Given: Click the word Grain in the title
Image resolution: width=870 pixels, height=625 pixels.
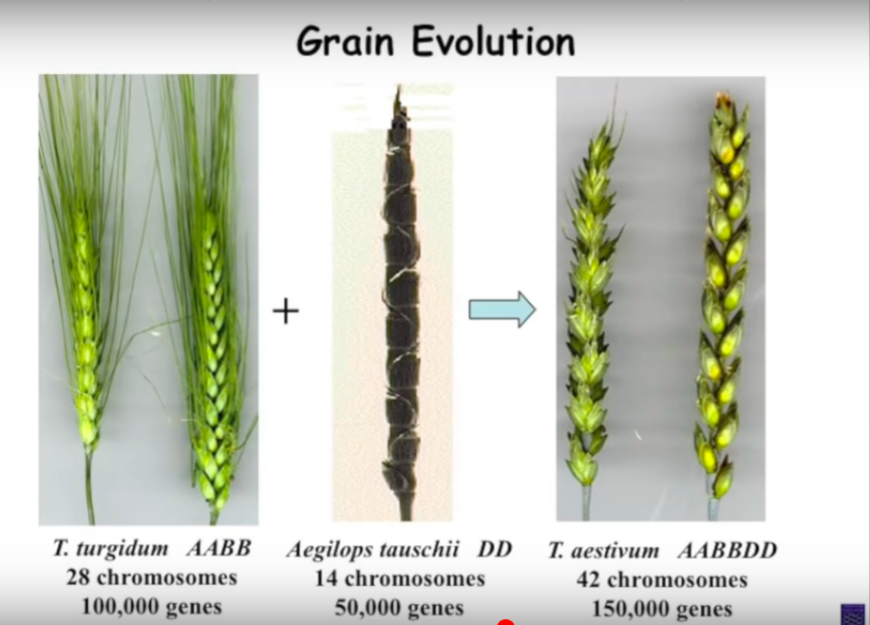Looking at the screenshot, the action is pos(345,42).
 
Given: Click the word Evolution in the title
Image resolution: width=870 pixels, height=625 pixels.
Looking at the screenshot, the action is pos(493,41).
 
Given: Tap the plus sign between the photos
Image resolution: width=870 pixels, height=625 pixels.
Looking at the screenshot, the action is pos(286,311).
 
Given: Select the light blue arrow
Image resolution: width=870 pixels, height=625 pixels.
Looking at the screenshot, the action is pos(502,309).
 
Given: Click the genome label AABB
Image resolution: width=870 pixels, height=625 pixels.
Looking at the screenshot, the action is pos(218,548).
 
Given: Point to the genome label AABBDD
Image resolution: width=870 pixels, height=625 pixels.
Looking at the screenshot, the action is pos(727,551).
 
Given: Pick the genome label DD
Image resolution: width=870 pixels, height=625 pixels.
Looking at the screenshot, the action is pos(495,550).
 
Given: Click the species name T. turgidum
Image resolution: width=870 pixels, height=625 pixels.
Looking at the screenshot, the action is pos(110,549).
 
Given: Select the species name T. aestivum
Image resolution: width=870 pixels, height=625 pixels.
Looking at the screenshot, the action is pos(604,551).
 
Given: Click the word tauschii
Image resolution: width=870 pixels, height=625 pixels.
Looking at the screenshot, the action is pos(417,550).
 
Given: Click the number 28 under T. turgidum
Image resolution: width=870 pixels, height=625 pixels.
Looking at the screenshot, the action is pos(78,578).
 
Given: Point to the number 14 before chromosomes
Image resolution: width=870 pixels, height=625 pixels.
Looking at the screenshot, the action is pos(327,578).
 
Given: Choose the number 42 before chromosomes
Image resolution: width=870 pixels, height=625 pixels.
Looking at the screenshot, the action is pos(588,579).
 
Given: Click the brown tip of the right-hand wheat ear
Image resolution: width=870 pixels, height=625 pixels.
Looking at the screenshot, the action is pos(724,101).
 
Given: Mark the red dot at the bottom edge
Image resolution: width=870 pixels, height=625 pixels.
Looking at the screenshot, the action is pos(505,621).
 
